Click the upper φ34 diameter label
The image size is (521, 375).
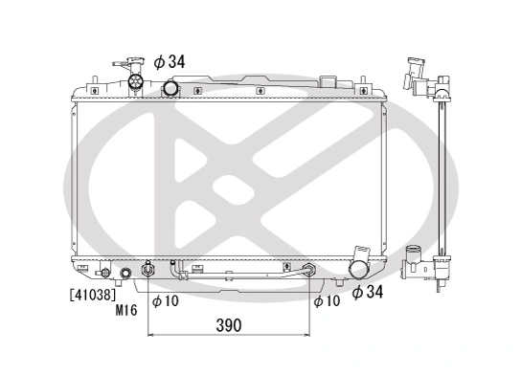[x=170, y=62]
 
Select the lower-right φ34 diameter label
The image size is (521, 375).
[x=369, y=292]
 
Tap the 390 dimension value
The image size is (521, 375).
[x=227, y=325]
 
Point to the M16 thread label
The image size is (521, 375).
[x=127, y=310]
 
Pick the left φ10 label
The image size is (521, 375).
[x=165, y=301]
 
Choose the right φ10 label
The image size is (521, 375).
[x=327, y=301]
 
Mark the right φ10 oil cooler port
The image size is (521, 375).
[x=307, y=272]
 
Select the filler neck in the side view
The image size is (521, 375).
[x=419, y=72]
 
